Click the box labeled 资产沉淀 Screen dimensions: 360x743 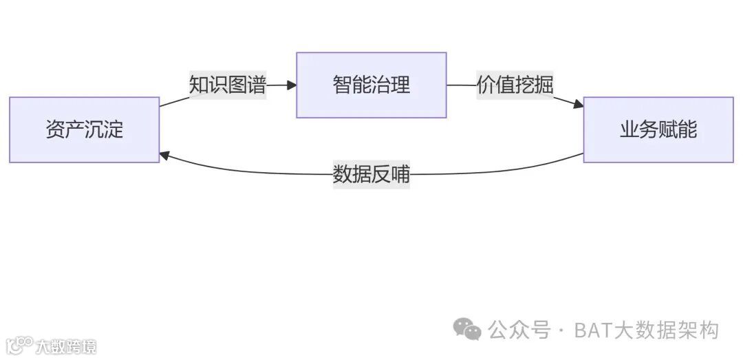[84, 129]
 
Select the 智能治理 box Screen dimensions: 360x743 [371, 85]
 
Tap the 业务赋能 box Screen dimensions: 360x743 [658, 129]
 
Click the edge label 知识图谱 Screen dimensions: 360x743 [228, 85]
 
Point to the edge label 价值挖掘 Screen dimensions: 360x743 [515, 85]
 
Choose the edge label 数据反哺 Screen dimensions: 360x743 [371, 174]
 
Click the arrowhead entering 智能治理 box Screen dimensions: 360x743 [292, 85]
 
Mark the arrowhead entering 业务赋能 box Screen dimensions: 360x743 [578, 105]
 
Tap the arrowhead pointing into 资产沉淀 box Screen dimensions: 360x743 [165, 156]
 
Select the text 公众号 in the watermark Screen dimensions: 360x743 [519, 330]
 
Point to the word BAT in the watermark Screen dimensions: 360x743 [592, 330]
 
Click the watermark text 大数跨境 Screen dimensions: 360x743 [67, 346]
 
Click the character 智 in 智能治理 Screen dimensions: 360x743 [342, 85]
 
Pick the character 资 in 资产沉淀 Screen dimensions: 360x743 [55, 129]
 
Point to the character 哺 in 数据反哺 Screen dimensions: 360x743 [400, 174]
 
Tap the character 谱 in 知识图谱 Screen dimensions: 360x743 [257, 85]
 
